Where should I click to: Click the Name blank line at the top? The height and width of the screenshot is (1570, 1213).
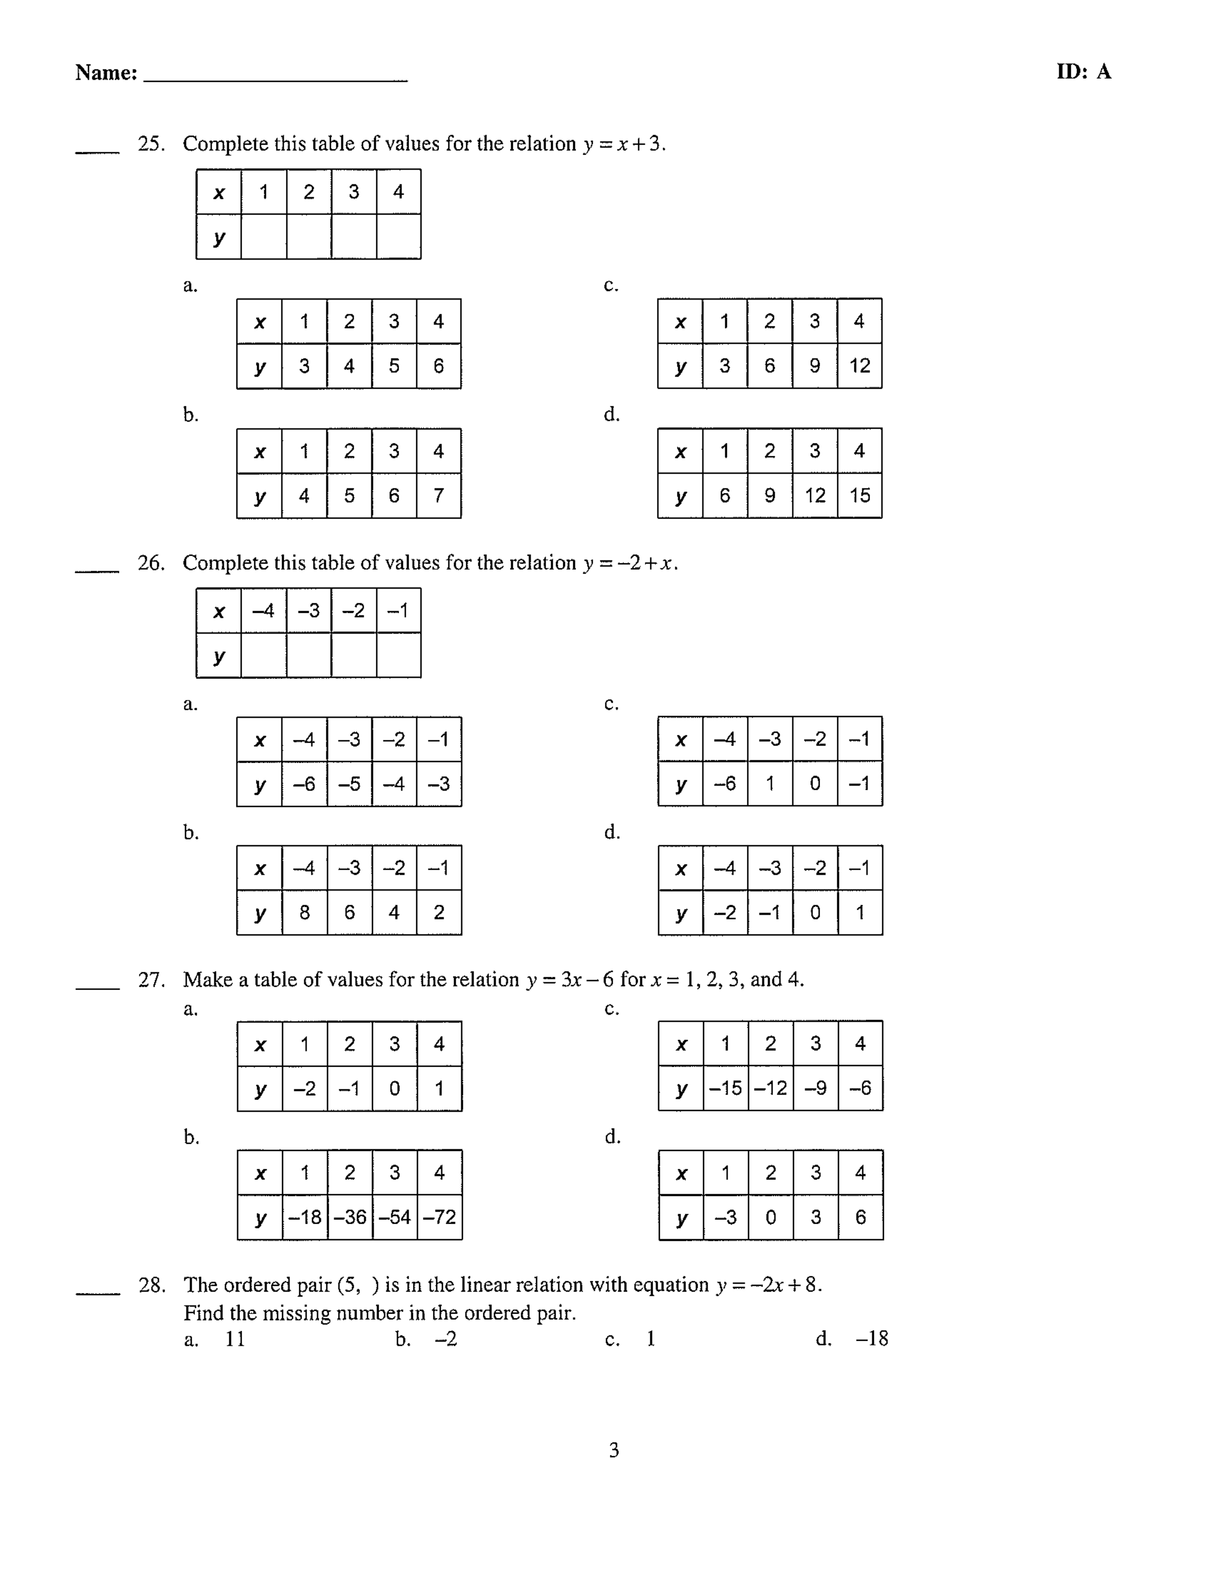coord(275,78)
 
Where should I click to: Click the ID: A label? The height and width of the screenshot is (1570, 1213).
coord(1083,72)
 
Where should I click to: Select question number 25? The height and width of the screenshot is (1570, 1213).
coord(151,144)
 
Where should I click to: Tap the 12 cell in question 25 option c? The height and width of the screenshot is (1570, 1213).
coord(860,366)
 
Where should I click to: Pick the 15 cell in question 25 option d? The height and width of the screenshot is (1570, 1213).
coord(860,495)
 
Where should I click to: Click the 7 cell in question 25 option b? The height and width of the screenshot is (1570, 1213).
coord(439,495)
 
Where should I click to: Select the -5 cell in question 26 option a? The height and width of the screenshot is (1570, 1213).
coord(349,784)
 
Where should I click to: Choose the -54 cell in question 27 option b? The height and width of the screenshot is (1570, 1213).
coord(394,1217)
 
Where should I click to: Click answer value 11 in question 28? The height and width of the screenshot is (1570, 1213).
coord(235,1338)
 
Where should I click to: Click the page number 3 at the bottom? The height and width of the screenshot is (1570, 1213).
coord(614,1450)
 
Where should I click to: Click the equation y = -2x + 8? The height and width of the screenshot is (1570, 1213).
coord(767,1285)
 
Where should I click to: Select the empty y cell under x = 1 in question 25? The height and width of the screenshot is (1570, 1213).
coord(264,236)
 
